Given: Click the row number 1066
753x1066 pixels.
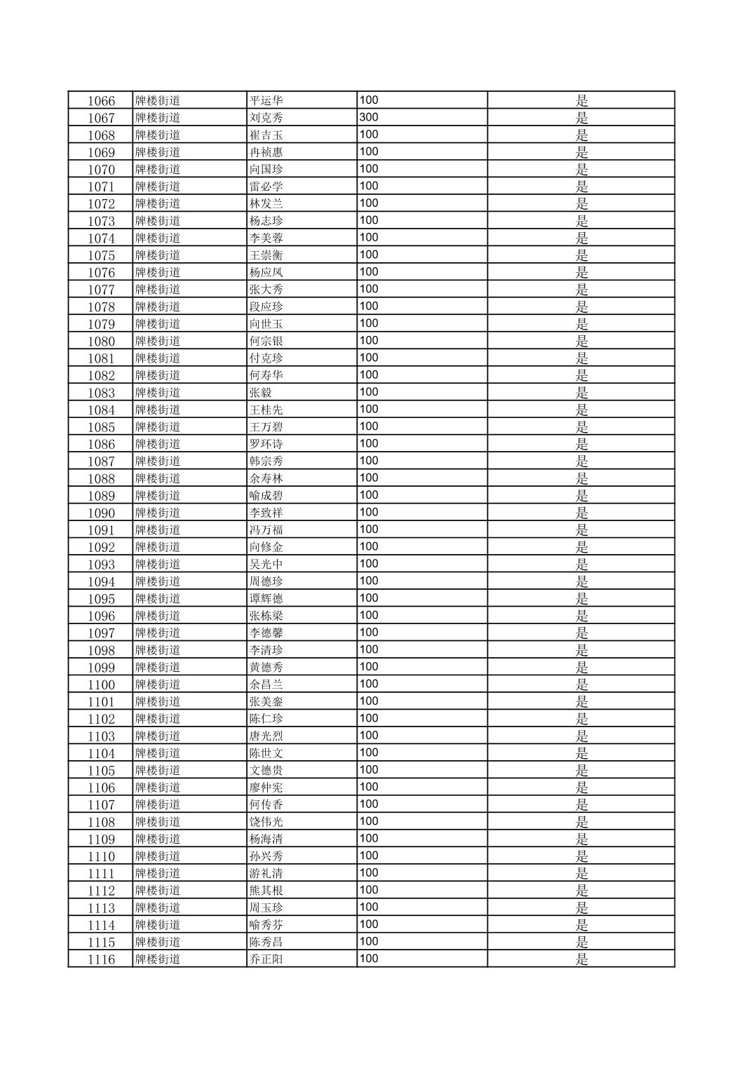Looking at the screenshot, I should click(101, 101).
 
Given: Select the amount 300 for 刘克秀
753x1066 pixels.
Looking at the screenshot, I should click(369, 117).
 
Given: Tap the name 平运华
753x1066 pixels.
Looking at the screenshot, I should click(266, 101).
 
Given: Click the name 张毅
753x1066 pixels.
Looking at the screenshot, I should click(261, 393).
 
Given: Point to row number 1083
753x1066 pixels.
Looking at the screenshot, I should click(101, 393).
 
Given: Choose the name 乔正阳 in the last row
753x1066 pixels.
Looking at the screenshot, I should click(266, 959).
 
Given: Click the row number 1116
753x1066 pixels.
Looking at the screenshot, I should click(101, 959).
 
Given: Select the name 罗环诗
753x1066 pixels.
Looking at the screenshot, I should click(266, 444).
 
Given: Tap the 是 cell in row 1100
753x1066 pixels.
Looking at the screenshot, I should click(581, 684).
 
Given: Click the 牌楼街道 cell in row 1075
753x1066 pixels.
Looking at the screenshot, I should click(158, 255).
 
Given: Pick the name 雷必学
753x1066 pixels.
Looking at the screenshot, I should click(266, 187).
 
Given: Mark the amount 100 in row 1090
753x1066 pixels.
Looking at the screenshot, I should click(369, 512).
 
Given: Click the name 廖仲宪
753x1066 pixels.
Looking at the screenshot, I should click(266, 788).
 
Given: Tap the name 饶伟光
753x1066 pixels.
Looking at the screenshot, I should click(266, 822).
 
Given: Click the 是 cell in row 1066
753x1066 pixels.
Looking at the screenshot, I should click(581, 101).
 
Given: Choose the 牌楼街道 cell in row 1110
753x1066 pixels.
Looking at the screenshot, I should click(158, 856).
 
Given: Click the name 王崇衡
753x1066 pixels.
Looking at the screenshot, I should click(266, 255).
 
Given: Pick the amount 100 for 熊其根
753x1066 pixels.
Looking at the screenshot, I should click(369, 890).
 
